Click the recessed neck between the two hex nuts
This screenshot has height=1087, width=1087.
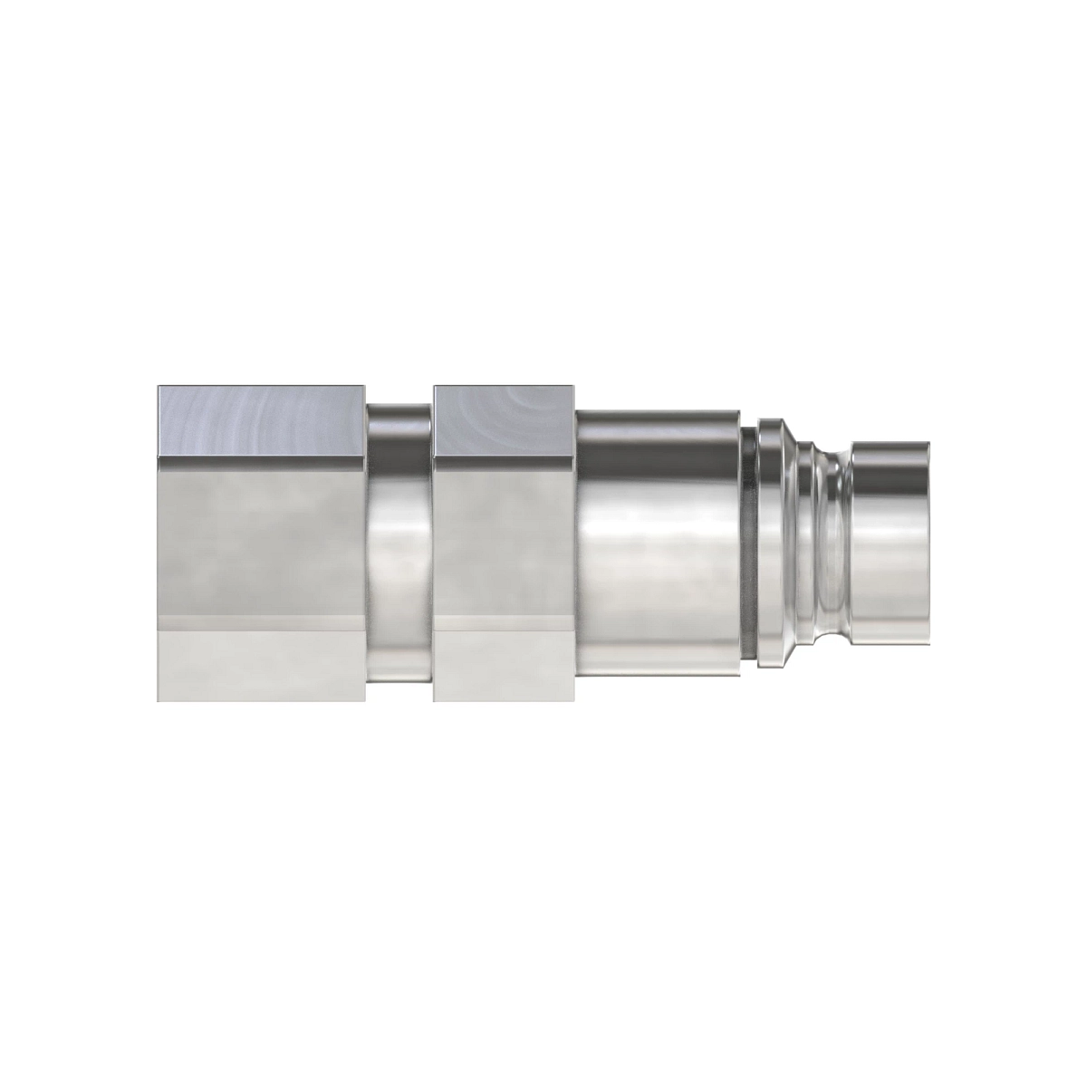point(399,543)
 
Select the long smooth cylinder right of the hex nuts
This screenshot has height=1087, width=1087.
point(657,543)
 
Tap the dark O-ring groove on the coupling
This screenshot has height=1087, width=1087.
point(748,543)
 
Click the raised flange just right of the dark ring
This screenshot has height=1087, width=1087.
point(770,543)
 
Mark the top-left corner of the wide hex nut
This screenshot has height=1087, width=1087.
point(159,388)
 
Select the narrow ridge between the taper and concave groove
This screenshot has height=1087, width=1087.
point(814,543)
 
